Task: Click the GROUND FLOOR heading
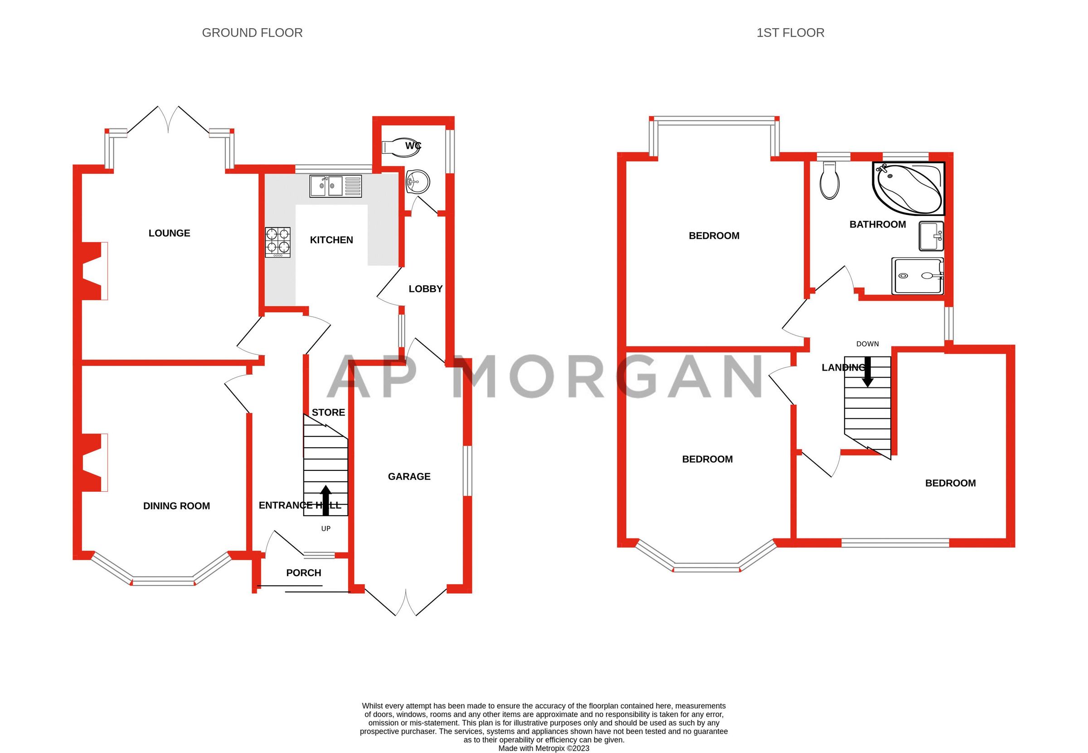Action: [252, 33]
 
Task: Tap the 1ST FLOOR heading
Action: [790, 33]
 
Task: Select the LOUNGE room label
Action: [169, 233]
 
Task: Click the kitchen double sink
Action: [335, 186]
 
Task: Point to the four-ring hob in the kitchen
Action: [277, 242]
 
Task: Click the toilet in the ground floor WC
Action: [400, 146]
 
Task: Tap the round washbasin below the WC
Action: [417, 181]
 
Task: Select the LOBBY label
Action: [425, 289]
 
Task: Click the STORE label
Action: [328, 412]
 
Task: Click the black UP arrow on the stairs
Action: [325, 500]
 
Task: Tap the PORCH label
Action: [304, 573]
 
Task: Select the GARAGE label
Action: [409, 477]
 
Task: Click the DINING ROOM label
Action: [176, 506]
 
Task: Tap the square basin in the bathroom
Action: [931, 236]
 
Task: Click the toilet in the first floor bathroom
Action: [829, 181]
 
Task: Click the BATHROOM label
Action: [877, 225]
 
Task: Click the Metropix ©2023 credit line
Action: [544, 748]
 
